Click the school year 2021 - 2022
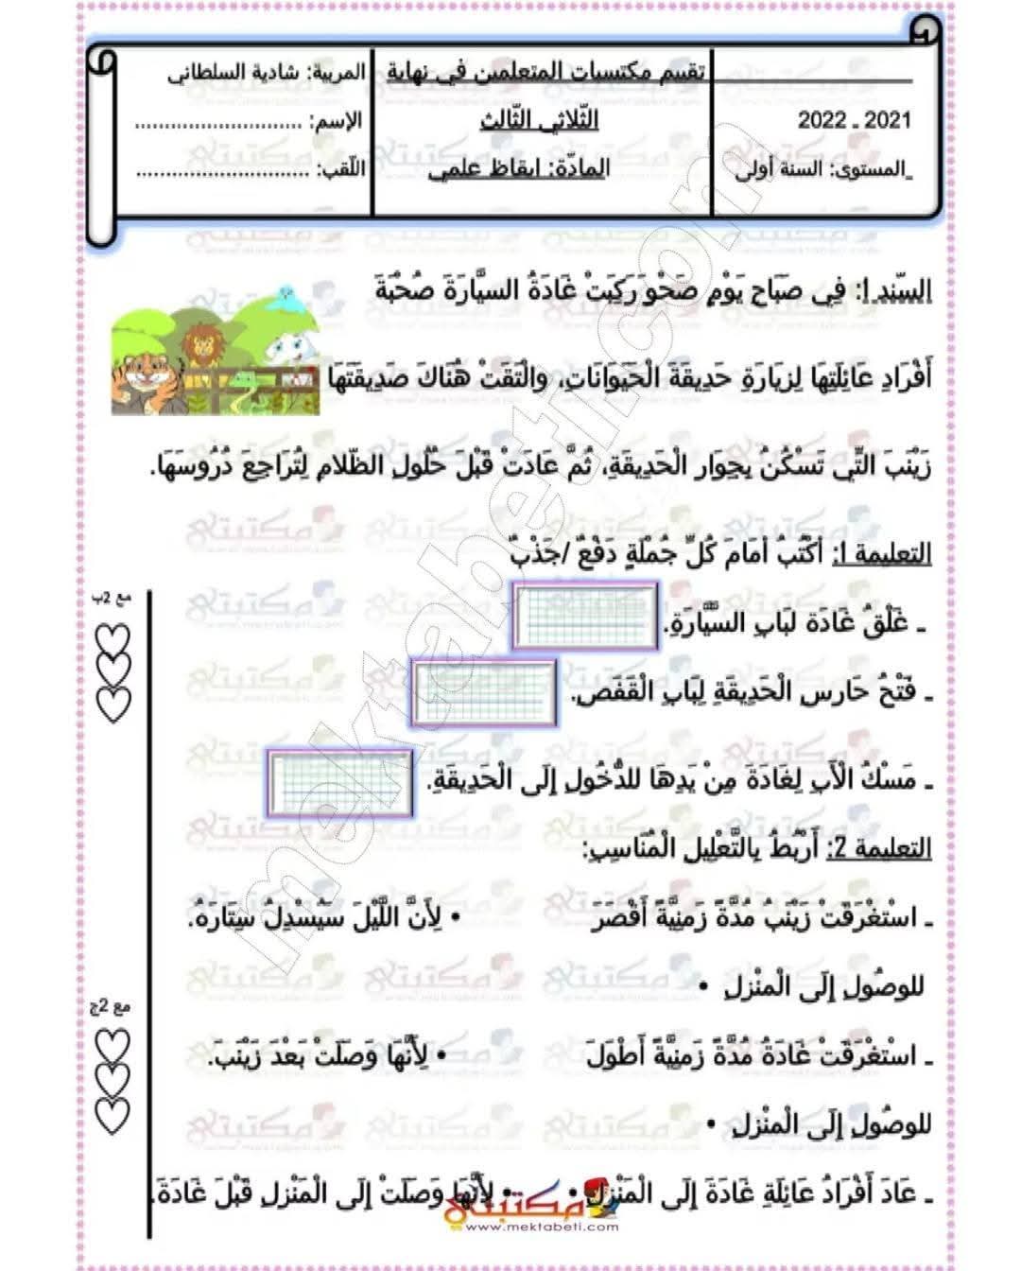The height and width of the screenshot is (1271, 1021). coord(854,119)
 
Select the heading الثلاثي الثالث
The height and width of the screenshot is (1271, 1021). coord(539,120)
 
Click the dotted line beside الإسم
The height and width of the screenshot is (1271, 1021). coord(219,123)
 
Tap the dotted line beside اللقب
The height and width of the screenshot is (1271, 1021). coord(219,172)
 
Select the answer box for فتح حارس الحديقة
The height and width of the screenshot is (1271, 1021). coord(484,693)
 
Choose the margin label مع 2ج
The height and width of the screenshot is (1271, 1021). coord(112,1008)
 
